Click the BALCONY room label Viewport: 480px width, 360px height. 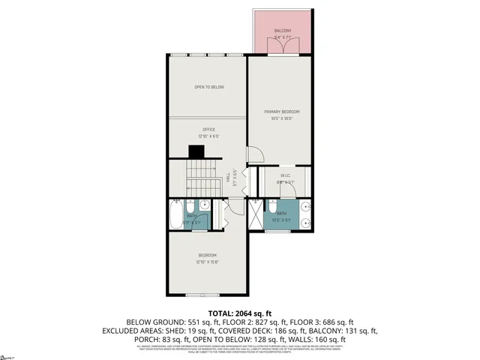tap(282, 31)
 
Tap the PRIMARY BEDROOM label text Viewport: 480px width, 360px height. tap(282, 112)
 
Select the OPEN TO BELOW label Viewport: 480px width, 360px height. tap(209, 87)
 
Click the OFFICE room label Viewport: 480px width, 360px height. tap(208, 130)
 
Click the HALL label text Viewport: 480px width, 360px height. tap(228, 178)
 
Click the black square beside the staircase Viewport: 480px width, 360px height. tap(196, 151)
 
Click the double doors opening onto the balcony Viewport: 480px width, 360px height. tap(281, 49)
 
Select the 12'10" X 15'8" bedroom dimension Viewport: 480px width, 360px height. tap(208, 261)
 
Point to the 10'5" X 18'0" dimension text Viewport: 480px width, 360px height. tap(282, 118)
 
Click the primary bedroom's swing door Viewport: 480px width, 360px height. tap(255, 154)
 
